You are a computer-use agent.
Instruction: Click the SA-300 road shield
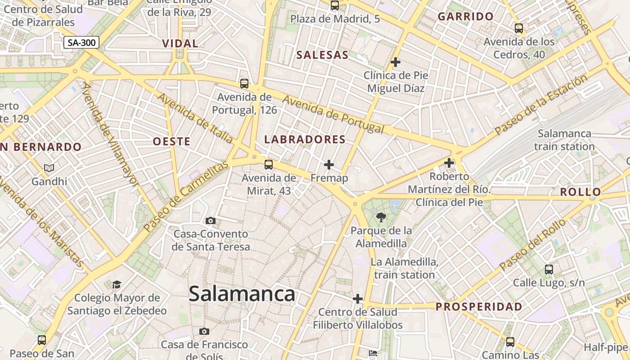[81, 43]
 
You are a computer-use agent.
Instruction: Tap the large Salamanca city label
[242, 294]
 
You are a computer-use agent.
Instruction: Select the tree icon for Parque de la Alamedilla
[381, 218]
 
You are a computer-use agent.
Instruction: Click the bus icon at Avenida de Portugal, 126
[244, 83]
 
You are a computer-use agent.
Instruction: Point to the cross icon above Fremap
[329, 165]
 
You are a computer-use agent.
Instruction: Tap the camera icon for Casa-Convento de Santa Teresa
[210, 220]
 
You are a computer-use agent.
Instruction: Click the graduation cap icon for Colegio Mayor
[117, 284]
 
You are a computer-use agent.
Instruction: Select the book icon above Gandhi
[49, 168]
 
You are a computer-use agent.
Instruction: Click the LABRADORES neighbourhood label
[305, 139]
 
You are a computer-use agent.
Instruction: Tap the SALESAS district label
[322, 55]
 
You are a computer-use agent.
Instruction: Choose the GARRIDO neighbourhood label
[466, 17]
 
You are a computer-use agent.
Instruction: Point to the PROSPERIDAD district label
[479, 307]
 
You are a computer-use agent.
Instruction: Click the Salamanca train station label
[564, 140]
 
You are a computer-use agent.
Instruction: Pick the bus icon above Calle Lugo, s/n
[549, 270]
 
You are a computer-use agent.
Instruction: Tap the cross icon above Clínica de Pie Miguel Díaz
[396, 62]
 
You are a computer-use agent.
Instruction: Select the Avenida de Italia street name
[194, 118]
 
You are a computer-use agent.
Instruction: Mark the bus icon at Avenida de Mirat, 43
[269, 165]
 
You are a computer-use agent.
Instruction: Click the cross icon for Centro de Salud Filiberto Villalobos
[358, 298]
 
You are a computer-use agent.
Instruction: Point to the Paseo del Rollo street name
[532, 245]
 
